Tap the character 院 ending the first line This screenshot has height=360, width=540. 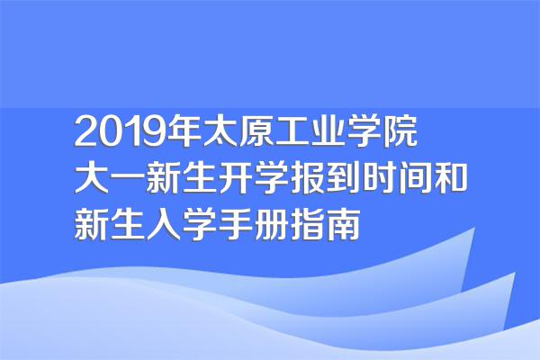pos(400,131)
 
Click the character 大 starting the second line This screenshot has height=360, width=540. pos(92,178)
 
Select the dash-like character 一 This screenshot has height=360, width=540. pos(128,179)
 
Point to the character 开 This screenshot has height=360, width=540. pos(236,178)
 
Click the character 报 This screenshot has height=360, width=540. pos(308,178)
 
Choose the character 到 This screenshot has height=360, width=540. pos(344,178)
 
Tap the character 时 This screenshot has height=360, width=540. pos(380,178)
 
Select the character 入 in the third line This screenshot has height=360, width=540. pos(164,224)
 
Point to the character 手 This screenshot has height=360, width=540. pos(236,224)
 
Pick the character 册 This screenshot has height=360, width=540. pos(272,224)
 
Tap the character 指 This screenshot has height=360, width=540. pos(308,224)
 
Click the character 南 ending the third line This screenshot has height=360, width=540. pos(344,224)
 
